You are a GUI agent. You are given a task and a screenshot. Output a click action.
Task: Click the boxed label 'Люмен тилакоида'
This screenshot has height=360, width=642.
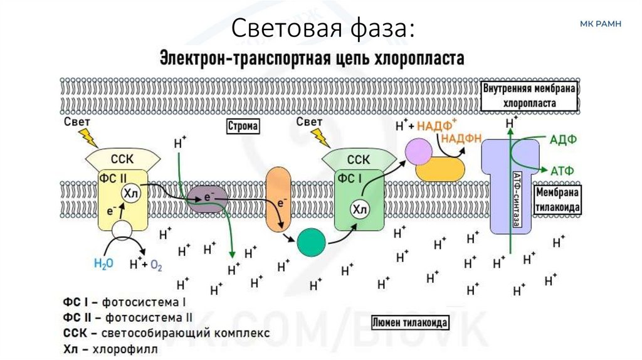pyautogui.click(x=410, y=323)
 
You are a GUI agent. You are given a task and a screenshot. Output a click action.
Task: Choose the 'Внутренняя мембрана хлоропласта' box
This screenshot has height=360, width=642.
pyautogui.click(x=529, y=96)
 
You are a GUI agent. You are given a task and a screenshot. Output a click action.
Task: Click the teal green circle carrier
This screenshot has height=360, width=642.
pyautogui.click(x=312, y=242)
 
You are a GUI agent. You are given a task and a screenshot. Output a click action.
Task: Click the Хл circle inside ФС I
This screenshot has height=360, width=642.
pyautogui.click(x=359, y=209)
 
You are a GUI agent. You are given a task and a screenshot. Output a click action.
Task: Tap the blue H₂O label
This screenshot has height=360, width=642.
pyautogui.click(x=103, y=263)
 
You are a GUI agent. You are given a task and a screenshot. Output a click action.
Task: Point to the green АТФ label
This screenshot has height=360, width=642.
pyautogui.click(x=562, y=169)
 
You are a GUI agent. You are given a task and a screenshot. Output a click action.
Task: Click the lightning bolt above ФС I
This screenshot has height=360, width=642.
pyautogui.click(x=322, y=137)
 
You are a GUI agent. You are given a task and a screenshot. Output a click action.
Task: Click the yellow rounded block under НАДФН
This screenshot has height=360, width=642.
pyautogui.click(x=441, y=169)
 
